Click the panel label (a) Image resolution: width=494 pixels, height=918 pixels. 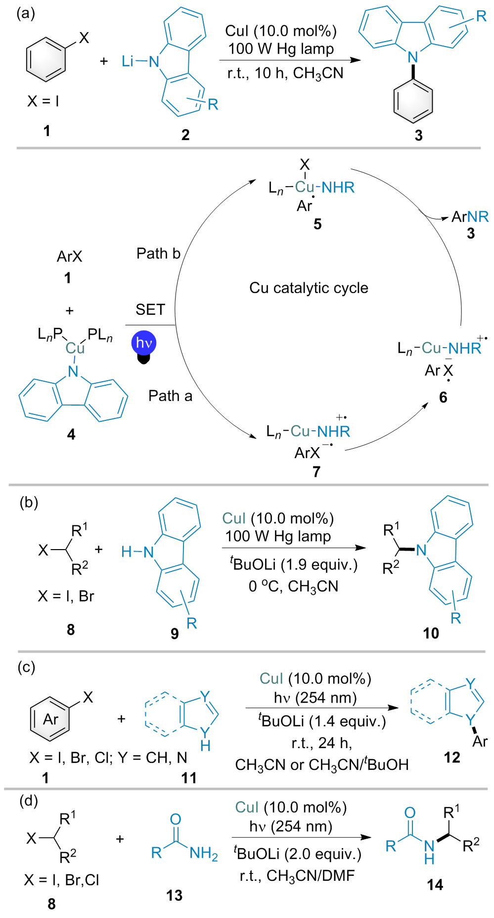tap(26, 13)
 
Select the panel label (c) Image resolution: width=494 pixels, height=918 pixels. tap(26, 667)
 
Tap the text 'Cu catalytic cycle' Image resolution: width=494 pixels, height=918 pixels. tap(309, 288)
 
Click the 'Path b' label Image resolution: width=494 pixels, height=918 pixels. tap(158, 254)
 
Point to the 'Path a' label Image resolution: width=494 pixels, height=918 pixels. tap(170, 396)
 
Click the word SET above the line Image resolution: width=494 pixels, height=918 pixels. tap(150, 309)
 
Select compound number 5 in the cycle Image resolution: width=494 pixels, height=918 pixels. tap(317, 224)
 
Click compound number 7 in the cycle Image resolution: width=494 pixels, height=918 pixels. tap(316, 471)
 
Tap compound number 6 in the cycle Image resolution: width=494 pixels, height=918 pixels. tap(443, 397)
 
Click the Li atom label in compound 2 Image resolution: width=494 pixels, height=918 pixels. tap(128, 61)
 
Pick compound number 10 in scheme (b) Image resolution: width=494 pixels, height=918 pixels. tap(431, 633)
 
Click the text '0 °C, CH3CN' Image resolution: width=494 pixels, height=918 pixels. tap(293, 586)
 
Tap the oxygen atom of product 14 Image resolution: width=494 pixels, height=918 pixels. tap(410, 813)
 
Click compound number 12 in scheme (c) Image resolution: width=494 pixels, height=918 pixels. tap(452, 757)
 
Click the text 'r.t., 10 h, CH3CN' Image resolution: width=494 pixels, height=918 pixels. tap(285, 73)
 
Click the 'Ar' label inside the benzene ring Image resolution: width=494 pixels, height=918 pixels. tap(51, 719)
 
